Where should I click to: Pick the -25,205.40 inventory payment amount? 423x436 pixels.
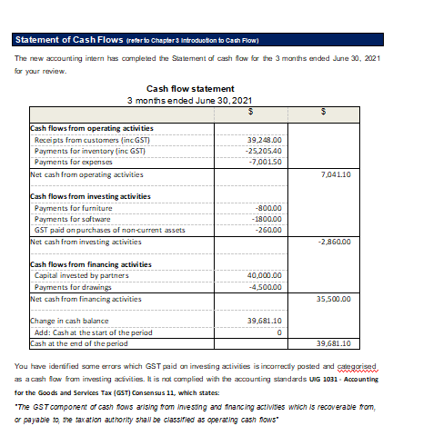coord(265,150)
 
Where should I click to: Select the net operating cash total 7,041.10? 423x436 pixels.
coord(337,173)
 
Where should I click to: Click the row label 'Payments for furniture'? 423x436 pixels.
coord(74,208)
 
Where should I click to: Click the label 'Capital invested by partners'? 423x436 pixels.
coord(82,275)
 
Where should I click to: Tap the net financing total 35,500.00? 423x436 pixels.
coord(336,298)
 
